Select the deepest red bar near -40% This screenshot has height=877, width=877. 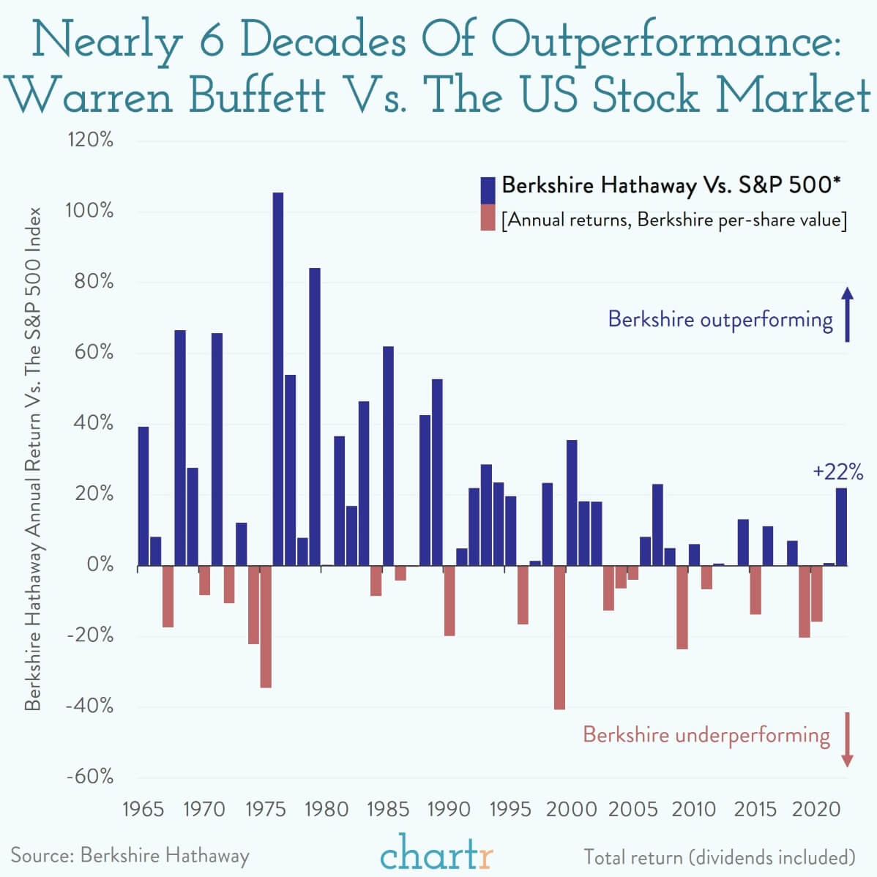pos(559,637)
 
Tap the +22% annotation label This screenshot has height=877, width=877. pos(837,471)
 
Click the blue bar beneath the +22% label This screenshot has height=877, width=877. pos(841,527)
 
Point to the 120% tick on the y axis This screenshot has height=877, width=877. pos(90,140)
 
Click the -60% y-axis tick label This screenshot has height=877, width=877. pos(90,776)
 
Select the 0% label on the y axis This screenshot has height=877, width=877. pos(99,564)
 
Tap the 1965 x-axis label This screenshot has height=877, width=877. pos(143,809)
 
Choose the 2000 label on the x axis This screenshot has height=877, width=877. pos(571,809)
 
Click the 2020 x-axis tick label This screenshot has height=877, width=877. pos(816,809)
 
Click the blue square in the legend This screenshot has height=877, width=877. pos(488,190)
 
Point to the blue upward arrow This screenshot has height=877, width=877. pos(847,315)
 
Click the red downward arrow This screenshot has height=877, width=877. pos(847,739)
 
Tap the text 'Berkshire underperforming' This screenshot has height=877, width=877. pos(706,734)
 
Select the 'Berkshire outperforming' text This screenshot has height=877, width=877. pos(720,320)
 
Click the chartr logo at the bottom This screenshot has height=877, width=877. pos(436,852)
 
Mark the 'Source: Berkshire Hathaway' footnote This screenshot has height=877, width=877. pos(130,855)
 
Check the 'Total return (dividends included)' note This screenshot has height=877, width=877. pos(719,857)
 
